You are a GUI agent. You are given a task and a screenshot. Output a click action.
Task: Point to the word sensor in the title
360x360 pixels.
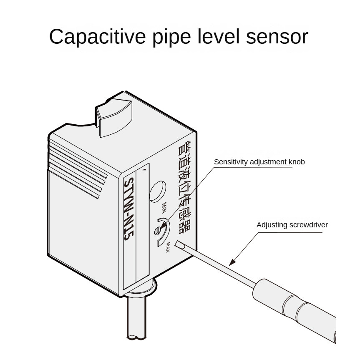coord(277,38)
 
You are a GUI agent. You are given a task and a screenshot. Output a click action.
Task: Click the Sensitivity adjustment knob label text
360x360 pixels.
coord(259,162)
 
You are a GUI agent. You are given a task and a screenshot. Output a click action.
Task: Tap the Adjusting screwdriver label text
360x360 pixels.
coord(292,225)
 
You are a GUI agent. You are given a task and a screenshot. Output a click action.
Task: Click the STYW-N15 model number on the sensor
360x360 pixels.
coord(129,209)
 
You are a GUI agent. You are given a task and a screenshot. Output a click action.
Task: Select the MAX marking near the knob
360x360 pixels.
coord(168,247)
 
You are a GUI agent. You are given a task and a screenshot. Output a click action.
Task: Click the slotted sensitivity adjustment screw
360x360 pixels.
coord(158,230)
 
